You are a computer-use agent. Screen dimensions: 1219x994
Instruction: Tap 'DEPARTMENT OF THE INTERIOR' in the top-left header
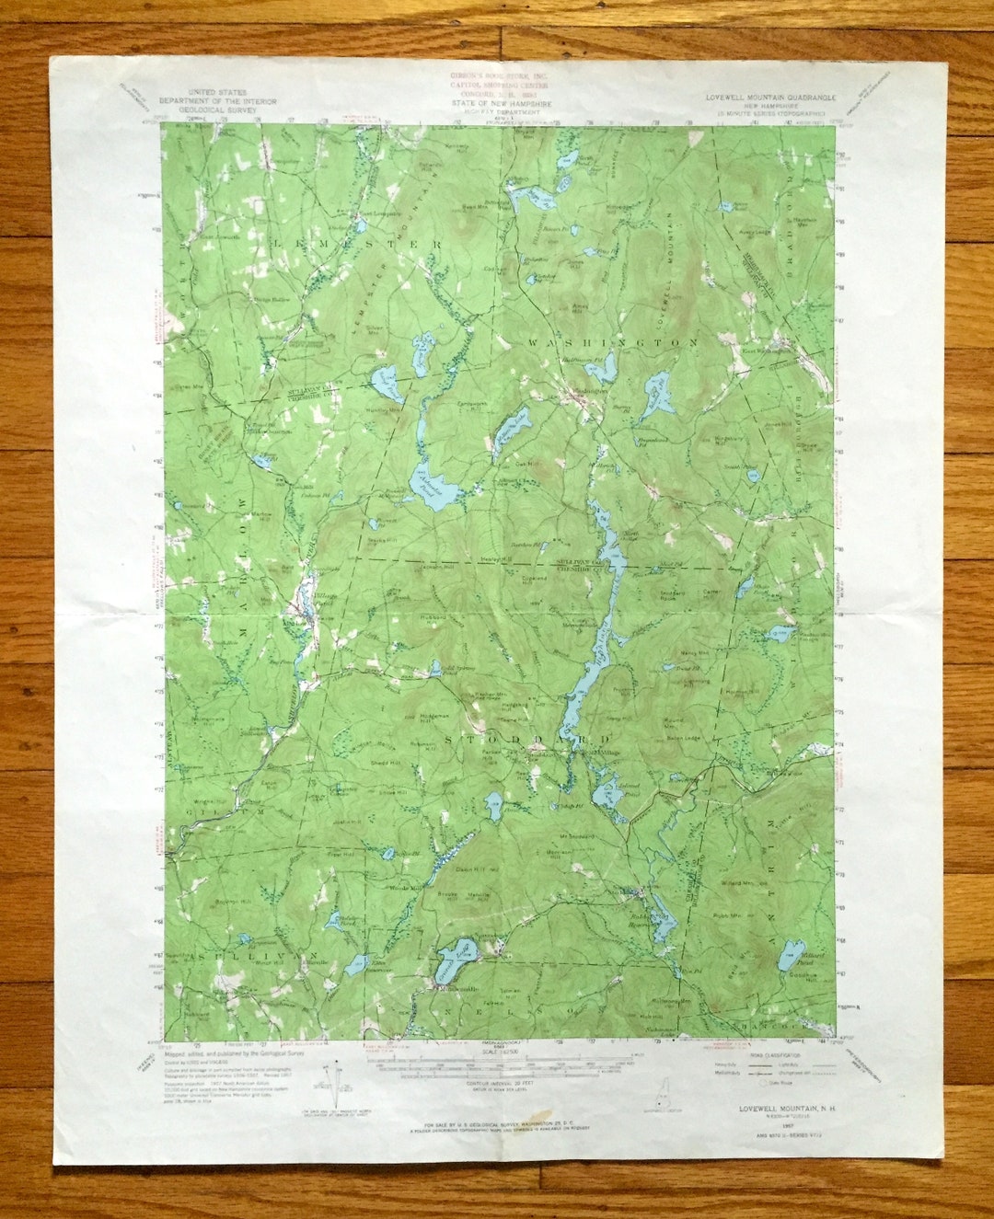point(210,100)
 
